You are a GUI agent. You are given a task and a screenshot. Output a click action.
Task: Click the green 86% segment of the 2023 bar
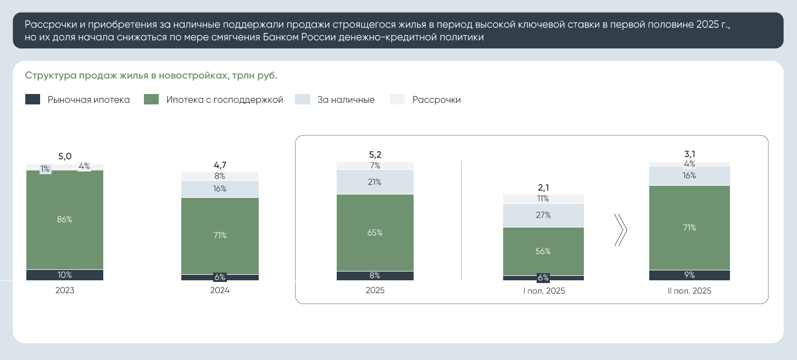(x=65, y=220)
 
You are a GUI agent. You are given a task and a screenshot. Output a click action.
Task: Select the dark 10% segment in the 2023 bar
(x=65, y=275)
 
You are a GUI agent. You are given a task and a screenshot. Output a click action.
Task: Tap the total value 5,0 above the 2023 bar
(x=65, y=157)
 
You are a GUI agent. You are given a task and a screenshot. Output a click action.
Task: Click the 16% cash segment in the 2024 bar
(x=220, y=189)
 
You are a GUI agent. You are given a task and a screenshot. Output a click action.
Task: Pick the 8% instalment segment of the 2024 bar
(x=220, y=176)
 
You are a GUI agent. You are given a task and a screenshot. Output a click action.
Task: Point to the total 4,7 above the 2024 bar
(x=220, y=164)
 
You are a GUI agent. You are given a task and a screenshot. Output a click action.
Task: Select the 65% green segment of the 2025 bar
(x=375, y=232)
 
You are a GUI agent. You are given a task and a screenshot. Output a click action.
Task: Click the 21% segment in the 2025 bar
(x=375, y=182)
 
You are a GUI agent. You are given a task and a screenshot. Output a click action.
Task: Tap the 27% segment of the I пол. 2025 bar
(x=544, y=215)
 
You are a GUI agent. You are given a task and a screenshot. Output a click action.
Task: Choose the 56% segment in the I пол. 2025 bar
(x=544, y=251)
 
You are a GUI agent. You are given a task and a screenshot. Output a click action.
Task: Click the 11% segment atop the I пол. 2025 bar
(x=544, y=199)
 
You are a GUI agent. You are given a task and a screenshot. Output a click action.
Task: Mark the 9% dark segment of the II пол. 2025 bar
(x=689, y=275)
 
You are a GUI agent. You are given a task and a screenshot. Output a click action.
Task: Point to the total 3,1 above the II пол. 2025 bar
(x=689, y=154)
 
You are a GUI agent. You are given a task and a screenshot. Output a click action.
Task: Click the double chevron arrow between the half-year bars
(x=620, y=230)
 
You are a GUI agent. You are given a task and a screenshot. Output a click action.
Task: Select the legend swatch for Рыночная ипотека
(x=33, y=99)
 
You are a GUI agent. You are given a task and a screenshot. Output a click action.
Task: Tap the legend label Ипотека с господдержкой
(x=225, y=100)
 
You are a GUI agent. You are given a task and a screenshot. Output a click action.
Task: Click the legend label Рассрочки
(x=436, y=100)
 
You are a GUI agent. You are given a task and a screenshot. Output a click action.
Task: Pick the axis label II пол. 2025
(x=689, y=291)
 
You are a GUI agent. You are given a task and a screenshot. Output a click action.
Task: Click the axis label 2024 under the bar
(x=220, y=290)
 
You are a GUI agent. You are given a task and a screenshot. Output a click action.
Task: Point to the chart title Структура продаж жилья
(x=151, y=75)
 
